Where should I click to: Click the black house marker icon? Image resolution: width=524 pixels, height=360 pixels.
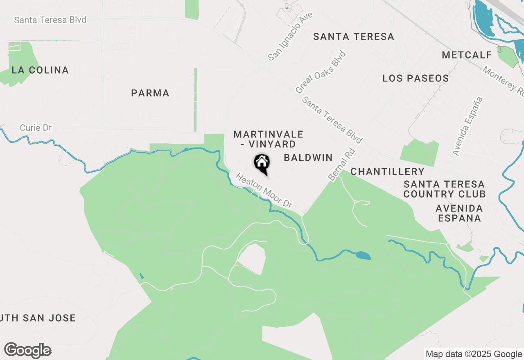(262, 163)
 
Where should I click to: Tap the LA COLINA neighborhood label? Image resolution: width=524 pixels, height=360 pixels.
(40, 70)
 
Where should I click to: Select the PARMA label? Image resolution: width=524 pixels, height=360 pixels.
(150, 93)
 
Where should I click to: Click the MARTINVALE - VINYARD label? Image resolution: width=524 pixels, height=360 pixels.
(269, 139)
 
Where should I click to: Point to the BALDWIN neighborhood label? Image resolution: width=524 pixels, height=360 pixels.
(308, 157)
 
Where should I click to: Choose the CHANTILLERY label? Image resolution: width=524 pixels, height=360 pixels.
(387, 171)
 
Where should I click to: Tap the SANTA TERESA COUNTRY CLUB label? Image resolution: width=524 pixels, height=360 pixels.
(444, 189)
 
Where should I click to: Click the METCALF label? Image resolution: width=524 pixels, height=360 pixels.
(463, 55)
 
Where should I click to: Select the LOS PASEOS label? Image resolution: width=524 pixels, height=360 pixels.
(416, 78)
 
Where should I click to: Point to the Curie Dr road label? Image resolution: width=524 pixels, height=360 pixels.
(36, 128)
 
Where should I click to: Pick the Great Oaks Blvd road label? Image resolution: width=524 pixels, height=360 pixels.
(321, 72)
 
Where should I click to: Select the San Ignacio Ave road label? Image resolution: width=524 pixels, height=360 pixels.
(290, 36)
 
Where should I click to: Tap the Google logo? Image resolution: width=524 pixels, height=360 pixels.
(28, 351)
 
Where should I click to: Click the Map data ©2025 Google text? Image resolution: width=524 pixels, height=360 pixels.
(474, 354)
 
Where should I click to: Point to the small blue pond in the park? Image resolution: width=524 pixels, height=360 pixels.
(363, 256)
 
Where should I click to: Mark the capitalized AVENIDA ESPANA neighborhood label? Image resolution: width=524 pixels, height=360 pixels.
(459, 213)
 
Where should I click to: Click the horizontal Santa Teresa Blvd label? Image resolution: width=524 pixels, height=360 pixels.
(50, 20)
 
